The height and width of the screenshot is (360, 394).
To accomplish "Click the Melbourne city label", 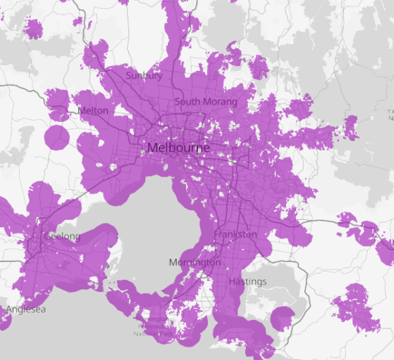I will [178, 148].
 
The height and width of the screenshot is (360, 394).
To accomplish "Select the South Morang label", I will [205, 102].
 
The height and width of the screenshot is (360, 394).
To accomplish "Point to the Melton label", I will [93, 110].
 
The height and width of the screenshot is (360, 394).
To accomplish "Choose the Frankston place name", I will [236, 235].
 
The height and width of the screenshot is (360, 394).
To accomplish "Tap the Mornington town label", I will [195, 262].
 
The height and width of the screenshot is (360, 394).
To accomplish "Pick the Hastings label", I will [247, 281].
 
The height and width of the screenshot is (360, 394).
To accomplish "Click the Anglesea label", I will [26, 310].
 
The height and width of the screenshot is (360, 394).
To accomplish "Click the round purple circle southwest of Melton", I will [56, 137].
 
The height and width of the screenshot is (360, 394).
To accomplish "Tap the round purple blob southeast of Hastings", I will [282, 318].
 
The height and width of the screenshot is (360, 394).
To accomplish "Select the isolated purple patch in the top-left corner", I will [34, 28].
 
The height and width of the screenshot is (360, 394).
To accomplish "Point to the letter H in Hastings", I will [231, 281].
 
